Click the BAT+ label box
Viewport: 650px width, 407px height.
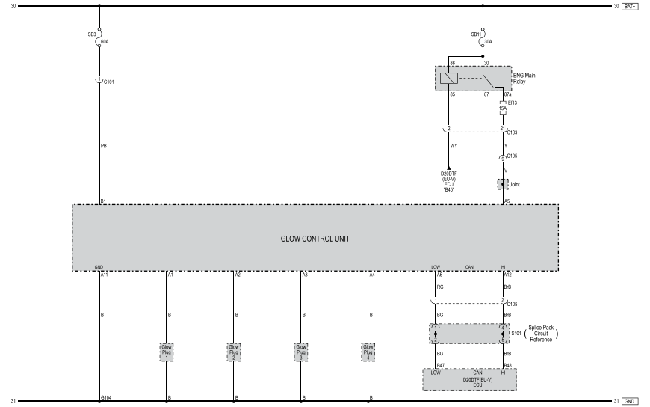pos(629,7)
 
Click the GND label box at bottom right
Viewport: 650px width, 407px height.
pos(629,401)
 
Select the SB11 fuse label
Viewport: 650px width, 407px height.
pos(476,34)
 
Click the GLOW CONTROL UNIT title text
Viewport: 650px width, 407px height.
pos(315,239)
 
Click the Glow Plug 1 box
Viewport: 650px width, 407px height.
pos(167,352)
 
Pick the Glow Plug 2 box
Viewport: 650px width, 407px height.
pos(234,352)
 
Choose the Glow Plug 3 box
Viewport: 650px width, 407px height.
pos(301,352)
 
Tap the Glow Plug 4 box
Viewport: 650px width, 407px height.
pos(368,352)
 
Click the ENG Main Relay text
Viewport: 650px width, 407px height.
pos(524,78)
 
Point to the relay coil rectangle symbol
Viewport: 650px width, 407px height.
pos(448,78)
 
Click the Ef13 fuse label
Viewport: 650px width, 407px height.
pos(513,102)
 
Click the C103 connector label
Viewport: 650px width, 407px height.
pos(512,132)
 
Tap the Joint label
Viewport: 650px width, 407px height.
pos(515,183)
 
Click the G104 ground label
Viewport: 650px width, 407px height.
pos(105,397)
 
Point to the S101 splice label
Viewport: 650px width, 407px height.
pos(515,334)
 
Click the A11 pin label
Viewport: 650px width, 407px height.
pos(105,275)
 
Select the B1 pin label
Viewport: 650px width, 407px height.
pos(103,201)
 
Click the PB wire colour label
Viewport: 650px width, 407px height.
pos(103,146)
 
